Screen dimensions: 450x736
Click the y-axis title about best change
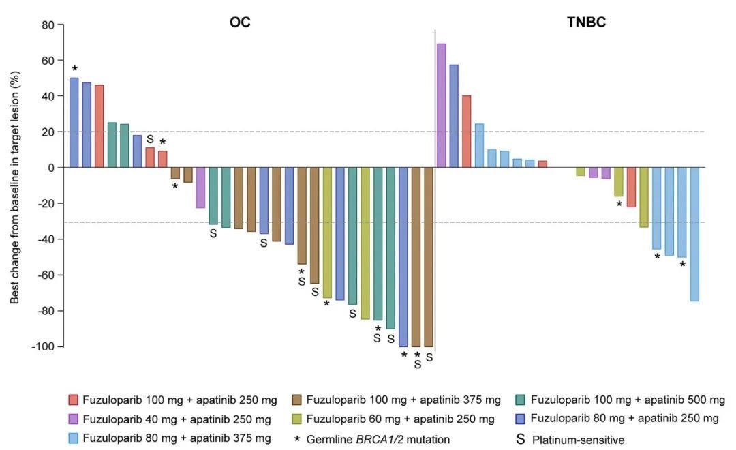(x=14, y=185)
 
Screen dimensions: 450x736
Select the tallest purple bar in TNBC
(x=441, y=106)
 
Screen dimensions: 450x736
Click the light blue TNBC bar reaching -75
(x=694, y=234)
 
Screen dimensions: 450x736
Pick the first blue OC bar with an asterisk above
(x=74, y=123)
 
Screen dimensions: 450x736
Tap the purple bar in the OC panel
(x=200, y=187)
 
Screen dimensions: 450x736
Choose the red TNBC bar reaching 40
(x=466, y=132)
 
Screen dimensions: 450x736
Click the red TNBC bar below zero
(x=631, y=187)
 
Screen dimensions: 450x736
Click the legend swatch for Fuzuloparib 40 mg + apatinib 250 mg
(x=74, y=419)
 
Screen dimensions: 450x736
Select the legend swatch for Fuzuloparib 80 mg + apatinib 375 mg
(x=74, y=438)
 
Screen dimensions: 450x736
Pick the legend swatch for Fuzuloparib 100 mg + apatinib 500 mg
(x=519, y=400)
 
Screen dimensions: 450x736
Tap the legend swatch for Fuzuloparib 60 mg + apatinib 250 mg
(x=296, y=419)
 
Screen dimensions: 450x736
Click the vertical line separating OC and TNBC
(x=435, y=191)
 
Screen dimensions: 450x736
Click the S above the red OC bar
(x=150, y=139)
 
